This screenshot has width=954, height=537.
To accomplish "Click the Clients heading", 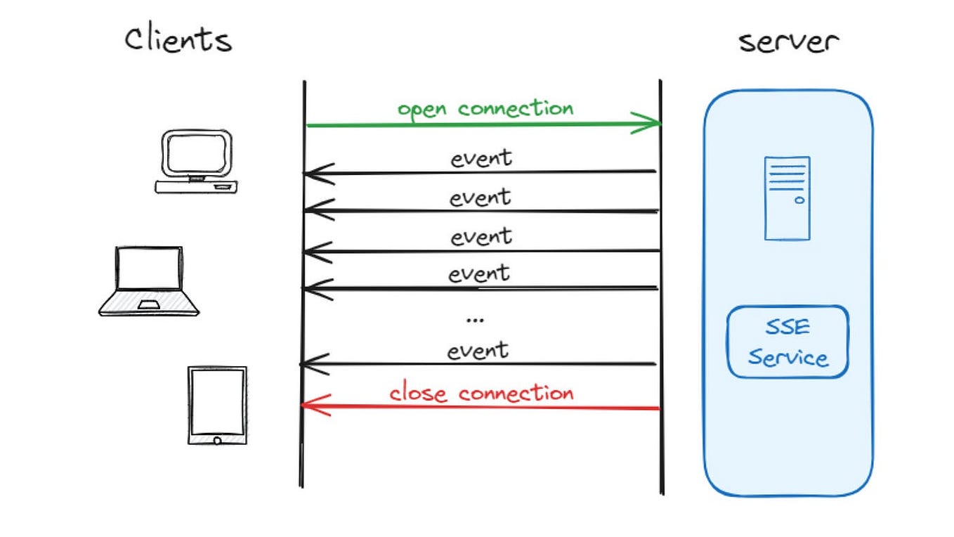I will pyautogui.click(x=178, y=40).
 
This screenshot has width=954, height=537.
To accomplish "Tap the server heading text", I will pyautogui.click(x=788, y=41).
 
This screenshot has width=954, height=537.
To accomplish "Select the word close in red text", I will pyautogui.click(x=420, y=392).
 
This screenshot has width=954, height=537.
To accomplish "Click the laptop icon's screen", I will pyautogui.click(x=149, y=269).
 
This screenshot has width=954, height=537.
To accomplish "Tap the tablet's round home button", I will pyautogui.click(x=217, y=440).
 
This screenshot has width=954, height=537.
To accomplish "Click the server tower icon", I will pyautogui.click(x=787, y=198).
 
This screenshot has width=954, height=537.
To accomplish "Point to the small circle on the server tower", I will pyautogui.click(x=799, y=200).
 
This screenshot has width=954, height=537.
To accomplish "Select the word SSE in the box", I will pyautogui.click(x=788, y=328).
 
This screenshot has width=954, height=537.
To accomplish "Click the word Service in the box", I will pyautogui.click(x=788, y=358).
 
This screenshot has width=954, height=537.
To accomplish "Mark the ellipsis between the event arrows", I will pyautogui.click(x=475, y=320).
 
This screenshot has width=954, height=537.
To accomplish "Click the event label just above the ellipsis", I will pyautogui.click(x=480, y=273).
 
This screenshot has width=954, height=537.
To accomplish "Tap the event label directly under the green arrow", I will pyautogui.click(x=481, y=158).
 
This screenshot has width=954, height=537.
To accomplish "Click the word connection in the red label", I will pyautogui.click(x=516, y=392).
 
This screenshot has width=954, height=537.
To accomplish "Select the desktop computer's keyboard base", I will pyautogui.click(x=196, y=187).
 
